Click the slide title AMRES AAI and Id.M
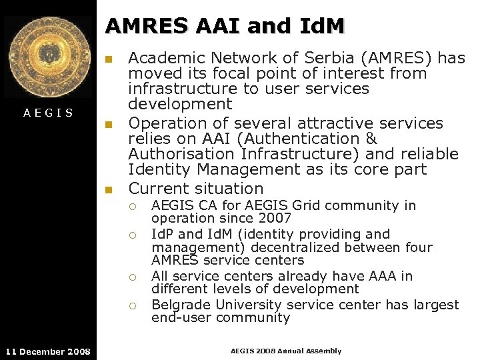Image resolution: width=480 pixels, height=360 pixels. pos(225,26)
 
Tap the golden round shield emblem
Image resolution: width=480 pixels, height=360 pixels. pos(48,58)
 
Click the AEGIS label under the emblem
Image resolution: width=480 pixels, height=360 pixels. pos(48,113)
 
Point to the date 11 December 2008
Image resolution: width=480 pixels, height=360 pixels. pos(48,351)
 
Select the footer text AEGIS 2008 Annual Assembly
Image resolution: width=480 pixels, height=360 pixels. pos(285,351)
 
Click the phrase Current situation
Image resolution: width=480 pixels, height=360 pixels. pos(196,189)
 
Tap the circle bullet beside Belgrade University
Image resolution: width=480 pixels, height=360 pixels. pos(133,305)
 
